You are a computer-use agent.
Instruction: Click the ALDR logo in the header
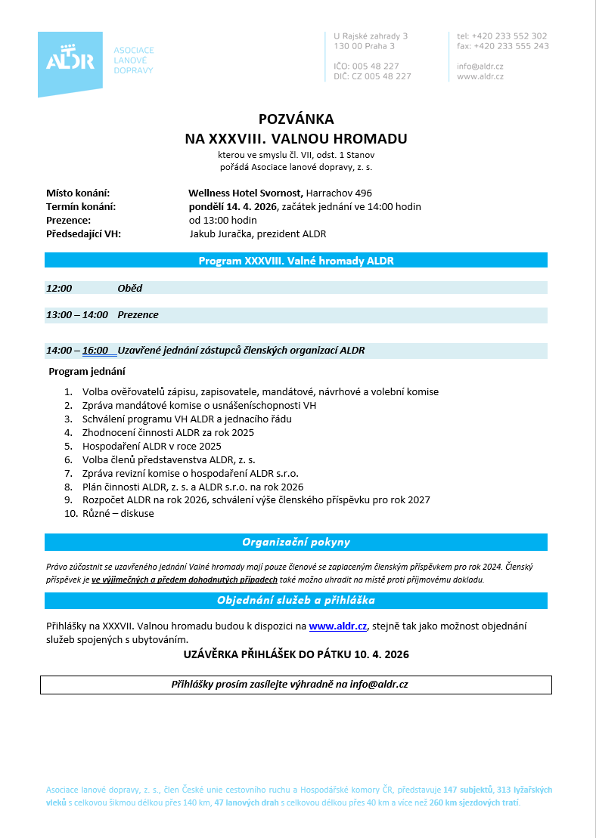click(x=70, y=61)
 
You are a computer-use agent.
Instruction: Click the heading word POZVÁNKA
click(x=296, y=119)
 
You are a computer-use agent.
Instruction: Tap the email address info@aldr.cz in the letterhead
click(x=480, y=66)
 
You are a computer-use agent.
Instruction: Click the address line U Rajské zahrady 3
click(x=371, y=36)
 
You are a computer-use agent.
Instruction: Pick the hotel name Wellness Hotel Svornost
click(x=246, y=193)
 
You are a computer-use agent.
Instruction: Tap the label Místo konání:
click(x=78, y=193)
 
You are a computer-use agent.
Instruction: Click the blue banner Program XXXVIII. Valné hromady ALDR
click(x=296, y=261)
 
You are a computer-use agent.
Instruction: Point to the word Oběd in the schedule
click(x=130, y=288)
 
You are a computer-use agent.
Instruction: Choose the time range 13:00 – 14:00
click(x=77, y=314)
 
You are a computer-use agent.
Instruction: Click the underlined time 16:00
click(x=95, y=351)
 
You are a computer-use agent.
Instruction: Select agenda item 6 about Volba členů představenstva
click(x=169, y=459)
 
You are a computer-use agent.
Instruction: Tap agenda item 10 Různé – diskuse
click(x=118, y=514)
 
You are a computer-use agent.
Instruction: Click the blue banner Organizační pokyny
click(x=296, y=543)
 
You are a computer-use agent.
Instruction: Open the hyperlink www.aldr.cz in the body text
click(x=338, y=626)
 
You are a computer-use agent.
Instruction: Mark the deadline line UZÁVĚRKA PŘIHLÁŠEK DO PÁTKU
click(x=296, y=654)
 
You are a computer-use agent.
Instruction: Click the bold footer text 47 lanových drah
click(x=247, y=802)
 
